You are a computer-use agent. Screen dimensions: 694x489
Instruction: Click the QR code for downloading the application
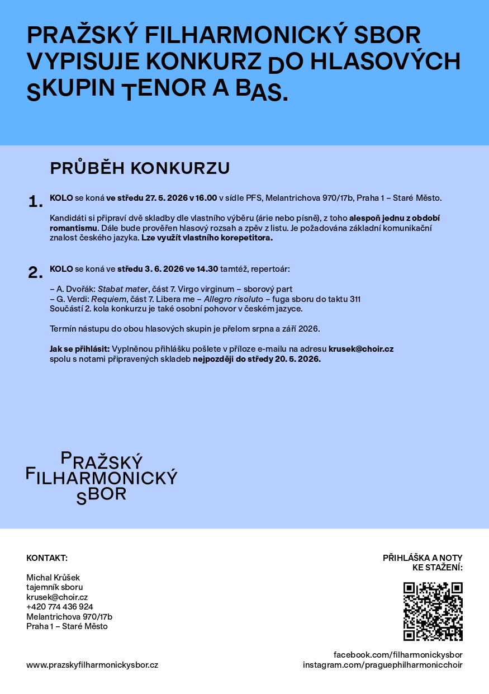[x=433, y=611]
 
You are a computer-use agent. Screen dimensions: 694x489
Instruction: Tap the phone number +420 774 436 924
[x=60, y=607]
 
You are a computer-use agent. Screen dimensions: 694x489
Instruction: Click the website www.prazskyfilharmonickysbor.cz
[x=92, y=665]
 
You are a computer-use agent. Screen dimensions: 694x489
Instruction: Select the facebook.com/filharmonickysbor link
[x=398, y=655]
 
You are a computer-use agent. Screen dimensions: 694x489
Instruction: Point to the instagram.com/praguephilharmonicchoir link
[x=383, y=665]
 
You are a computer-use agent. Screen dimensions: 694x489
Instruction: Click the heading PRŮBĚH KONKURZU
[x=140, y=168]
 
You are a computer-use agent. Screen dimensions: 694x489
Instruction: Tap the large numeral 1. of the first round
[x=35, y=202]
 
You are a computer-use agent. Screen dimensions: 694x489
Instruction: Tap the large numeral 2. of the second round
[x=35, y=273]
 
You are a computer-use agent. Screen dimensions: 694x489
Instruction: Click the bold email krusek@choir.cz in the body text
[x=361, y=349]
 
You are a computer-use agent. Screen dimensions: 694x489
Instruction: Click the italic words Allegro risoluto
[x=233, y=299]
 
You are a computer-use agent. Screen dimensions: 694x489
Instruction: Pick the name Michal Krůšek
[x=54, y=577]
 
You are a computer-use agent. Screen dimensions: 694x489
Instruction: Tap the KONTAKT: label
[x=47, y=558]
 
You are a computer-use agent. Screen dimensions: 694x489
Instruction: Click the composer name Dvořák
[x=80, y=289]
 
